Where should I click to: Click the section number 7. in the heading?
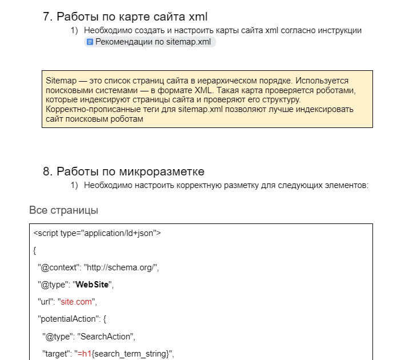pyautogui.click(x=48, y=17)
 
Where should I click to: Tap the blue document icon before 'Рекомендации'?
pyautogui.click(x=90, y=42)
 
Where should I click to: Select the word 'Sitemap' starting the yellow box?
pyautogui.click(x=60, y=81)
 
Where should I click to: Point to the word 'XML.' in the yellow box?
pyautogui.click(x=226, y=91)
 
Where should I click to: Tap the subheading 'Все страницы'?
pyautogui.click(x=63, y=210)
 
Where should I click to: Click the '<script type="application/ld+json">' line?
pyautogui.click(x=98, y=233)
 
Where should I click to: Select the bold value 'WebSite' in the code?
pyautogui.click(x=92, y=284)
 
